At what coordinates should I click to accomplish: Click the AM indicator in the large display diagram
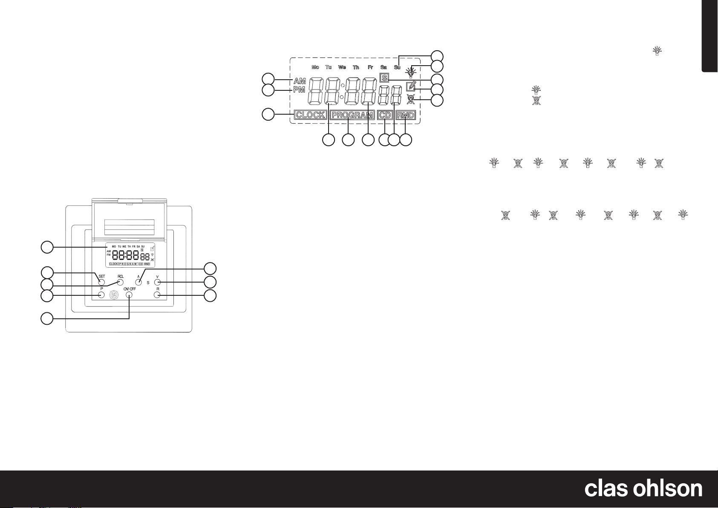pyautogui.click(x=299, y=81)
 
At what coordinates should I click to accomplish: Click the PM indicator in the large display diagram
pyautogui.click(x=299, y=90)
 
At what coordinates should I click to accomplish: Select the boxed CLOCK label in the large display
pyautogui.click(x=311, y=115)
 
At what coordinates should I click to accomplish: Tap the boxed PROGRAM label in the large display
pyautogui.click(x=352, y=115)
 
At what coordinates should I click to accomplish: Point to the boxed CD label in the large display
pyautogui.click(x=385, y=115)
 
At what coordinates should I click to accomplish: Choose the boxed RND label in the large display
pyautogui.click(x=405, y=115)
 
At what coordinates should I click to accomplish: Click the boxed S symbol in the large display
pyautogui.click(x=384, y=78)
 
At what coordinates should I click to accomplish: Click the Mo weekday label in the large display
pyautogui.click(x=315, y=67)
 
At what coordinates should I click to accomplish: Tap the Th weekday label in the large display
pyautogui.click(x=356, y=67)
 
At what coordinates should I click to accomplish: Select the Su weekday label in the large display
pyautogui.click(x=397, y=67)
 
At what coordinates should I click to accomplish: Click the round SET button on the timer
pyautogui.click(x=102, y=282)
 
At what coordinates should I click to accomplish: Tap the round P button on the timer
pyautogui.click(x=101, y=294)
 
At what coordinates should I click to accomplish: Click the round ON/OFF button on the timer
pyautogui.click(x=129, y=295)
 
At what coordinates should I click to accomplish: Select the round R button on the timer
pyautogui.click(x=157, y=294)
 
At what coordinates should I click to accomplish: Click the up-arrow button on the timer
pyautogui.click(x=138, y=282)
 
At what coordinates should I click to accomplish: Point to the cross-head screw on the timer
pyautogui.click(x=114, y=294)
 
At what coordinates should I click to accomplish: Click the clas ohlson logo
pyautogui.click(x=643, y=489)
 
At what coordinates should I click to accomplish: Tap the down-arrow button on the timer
pyautogui.click(x=157, y=282)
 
